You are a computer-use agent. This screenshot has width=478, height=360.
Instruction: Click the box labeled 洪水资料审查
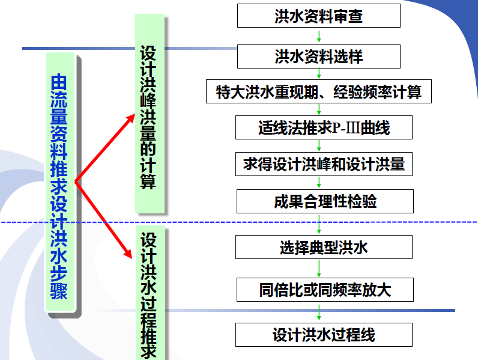click(318, 16)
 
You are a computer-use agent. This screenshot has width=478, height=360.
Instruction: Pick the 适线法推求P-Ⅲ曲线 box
click(324, 128)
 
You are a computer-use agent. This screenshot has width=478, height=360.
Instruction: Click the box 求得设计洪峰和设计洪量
click(324, 164)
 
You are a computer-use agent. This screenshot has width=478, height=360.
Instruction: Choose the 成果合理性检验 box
click(325, 201)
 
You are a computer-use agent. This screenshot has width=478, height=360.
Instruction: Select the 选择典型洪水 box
click(324, 247)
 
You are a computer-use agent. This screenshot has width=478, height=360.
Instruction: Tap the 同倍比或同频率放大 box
click(325, 290)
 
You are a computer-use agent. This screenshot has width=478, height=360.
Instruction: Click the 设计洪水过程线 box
click(324, 335)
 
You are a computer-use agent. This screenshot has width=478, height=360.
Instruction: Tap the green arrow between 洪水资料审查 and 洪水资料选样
click(319, 36)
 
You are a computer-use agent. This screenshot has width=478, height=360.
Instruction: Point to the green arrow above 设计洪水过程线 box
click(319, 312)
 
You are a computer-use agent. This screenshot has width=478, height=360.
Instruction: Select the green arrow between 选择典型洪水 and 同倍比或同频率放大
click(319, 268)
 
